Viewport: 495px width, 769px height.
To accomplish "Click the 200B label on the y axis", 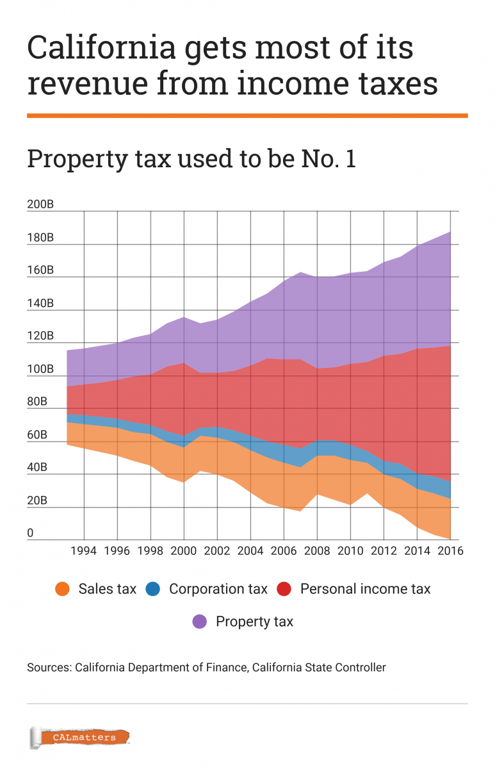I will point(40,205).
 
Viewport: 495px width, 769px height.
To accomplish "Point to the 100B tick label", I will point(40,370).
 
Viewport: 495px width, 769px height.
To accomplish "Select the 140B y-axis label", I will point(40,304).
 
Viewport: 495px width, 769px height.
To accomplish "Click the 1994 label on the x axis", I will point(84,550).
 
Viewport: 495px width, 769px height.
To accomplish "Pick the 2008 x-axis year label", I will point(317,550).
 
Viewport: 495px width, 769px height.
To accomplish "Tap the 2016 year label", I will point(450,550).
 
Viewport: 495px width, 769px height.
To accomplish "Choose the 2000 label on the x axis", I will point(184,550).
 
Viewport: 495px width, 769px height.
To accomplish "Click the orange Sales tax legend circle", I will point(62,589).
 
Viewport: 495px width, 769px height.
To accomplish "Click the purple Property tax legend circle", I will point(200,622).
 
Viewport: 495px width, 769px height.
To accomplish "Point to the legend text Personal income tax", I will point(365,589).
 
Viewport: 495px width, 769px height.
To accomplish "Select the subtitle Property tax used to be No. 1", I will point(191,159).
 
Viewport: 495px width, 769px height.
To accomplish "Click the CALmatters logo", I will point(79,738).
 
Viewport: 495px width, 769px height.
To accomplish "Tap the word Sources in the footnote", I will point(49,668).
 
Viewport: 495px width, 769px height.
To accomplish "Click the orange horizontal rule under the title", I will point(247,115).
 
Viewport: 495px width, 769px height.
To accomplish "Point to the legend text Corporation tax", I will point(218,589).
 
